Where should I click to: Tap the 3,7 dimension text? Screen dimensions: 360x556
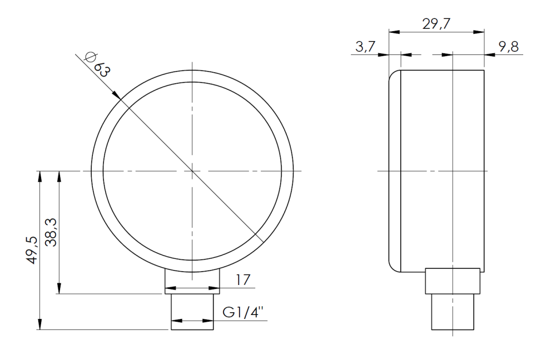coord(365,47)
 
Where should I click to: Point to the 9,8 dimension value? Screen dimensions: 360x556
coord(508,47)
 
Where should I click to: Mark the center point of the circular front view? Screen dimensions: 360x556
coord(192,171)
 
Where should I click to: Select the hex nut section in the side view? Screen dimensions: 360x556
coord(453,281)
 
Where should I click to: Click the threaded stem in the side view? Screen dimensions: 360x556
coord(453,312)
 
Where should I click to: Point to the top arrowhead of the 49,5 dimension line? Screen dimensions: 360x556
coord(39,175)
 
